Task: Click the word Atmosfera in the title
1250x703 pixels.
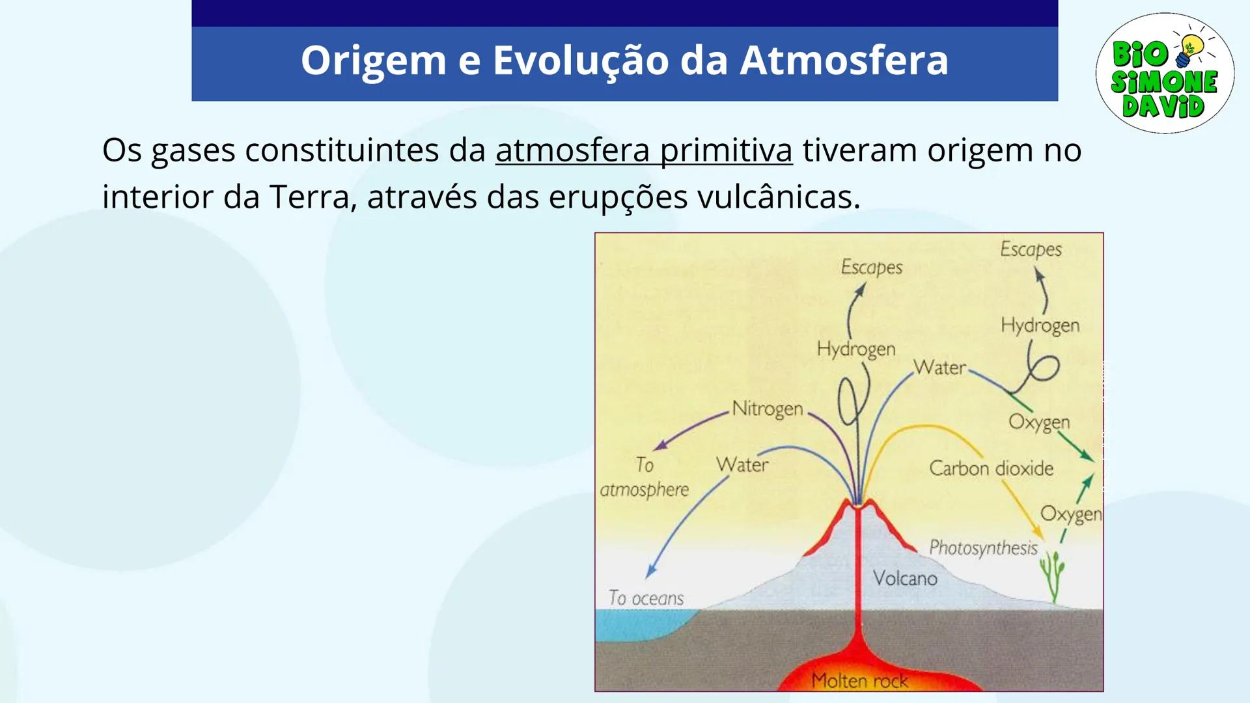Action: (x=844, y=61)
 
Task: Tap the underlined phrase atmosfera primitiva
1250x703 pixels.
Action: (x=643, y=151)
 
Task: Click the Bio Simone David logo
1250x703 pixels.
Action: (x=1164, y=74)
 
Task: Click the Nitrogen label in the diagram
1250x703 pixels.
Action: (x=767, y=409)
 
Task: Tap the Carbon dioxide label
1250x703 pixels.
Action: (x=990, y=469)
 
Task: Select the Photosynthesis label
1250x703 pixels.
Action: (x=982, y=548)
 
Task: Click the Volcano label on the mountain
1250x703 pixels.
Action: (x=904, y=579)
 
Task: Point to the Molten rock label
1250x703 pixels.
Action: (x=859, y=681)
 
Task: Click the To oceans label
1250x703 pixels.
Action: (x=646, y=598)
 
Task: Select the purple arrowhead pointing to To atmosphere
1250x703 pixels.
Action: (x=660, y=446)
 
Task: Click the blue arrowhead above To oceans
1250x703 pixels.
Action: (x=650, y=572)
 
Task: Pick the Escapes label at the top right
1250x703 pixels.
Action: (x=1030, y=250)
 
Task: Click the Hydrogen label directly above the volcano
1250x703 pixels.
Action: (x=855, y=350)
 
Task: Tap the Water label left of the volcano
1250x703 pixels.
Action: (x=742, y=465)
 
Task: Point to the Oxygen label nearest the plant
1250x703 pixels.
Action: (x=1070, y=514)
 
